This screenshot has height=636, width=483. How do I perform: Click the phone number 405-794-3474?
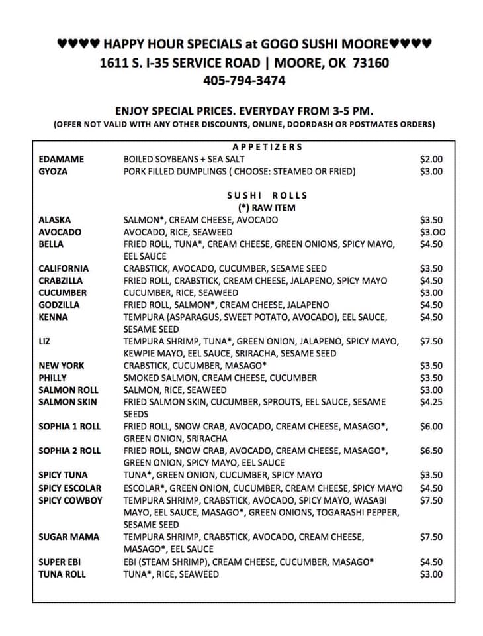point(244,81)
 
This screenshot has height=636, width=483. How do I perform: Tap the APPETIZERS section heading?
point(267,146)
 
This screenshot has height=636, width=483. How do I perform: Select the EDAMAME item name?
point(60,159)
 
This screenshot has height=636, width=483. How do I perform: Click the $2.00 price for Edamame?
point(431,159)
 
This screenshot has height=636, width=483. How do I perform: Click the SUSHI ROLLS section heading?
point(267,195)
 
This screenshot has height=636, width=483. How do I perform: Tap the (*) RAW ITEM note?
point(267,207)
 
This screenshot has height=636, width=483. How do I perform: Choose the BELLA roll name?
point(51,244)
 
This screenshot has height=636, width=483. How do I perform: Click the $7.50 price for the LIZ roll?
point(431,341)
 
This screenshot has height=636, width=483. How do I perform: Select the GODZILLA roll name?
point(59,305)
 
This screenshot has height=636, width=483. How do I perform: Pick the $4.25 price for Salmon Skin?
point(431,402)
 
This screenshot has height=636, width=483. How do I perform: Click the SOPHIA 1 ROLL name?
point(69,427)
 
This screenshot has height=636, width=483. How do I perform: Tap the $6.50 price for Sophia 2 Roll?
point(431,450)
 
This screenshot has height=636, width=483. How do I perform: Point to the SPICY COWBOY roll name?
point(70,500)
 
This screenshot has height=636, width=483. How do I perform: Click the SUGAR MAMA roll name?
point(69,537)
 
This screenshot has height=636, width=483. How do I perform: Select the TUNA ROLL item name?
point(62,574)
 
